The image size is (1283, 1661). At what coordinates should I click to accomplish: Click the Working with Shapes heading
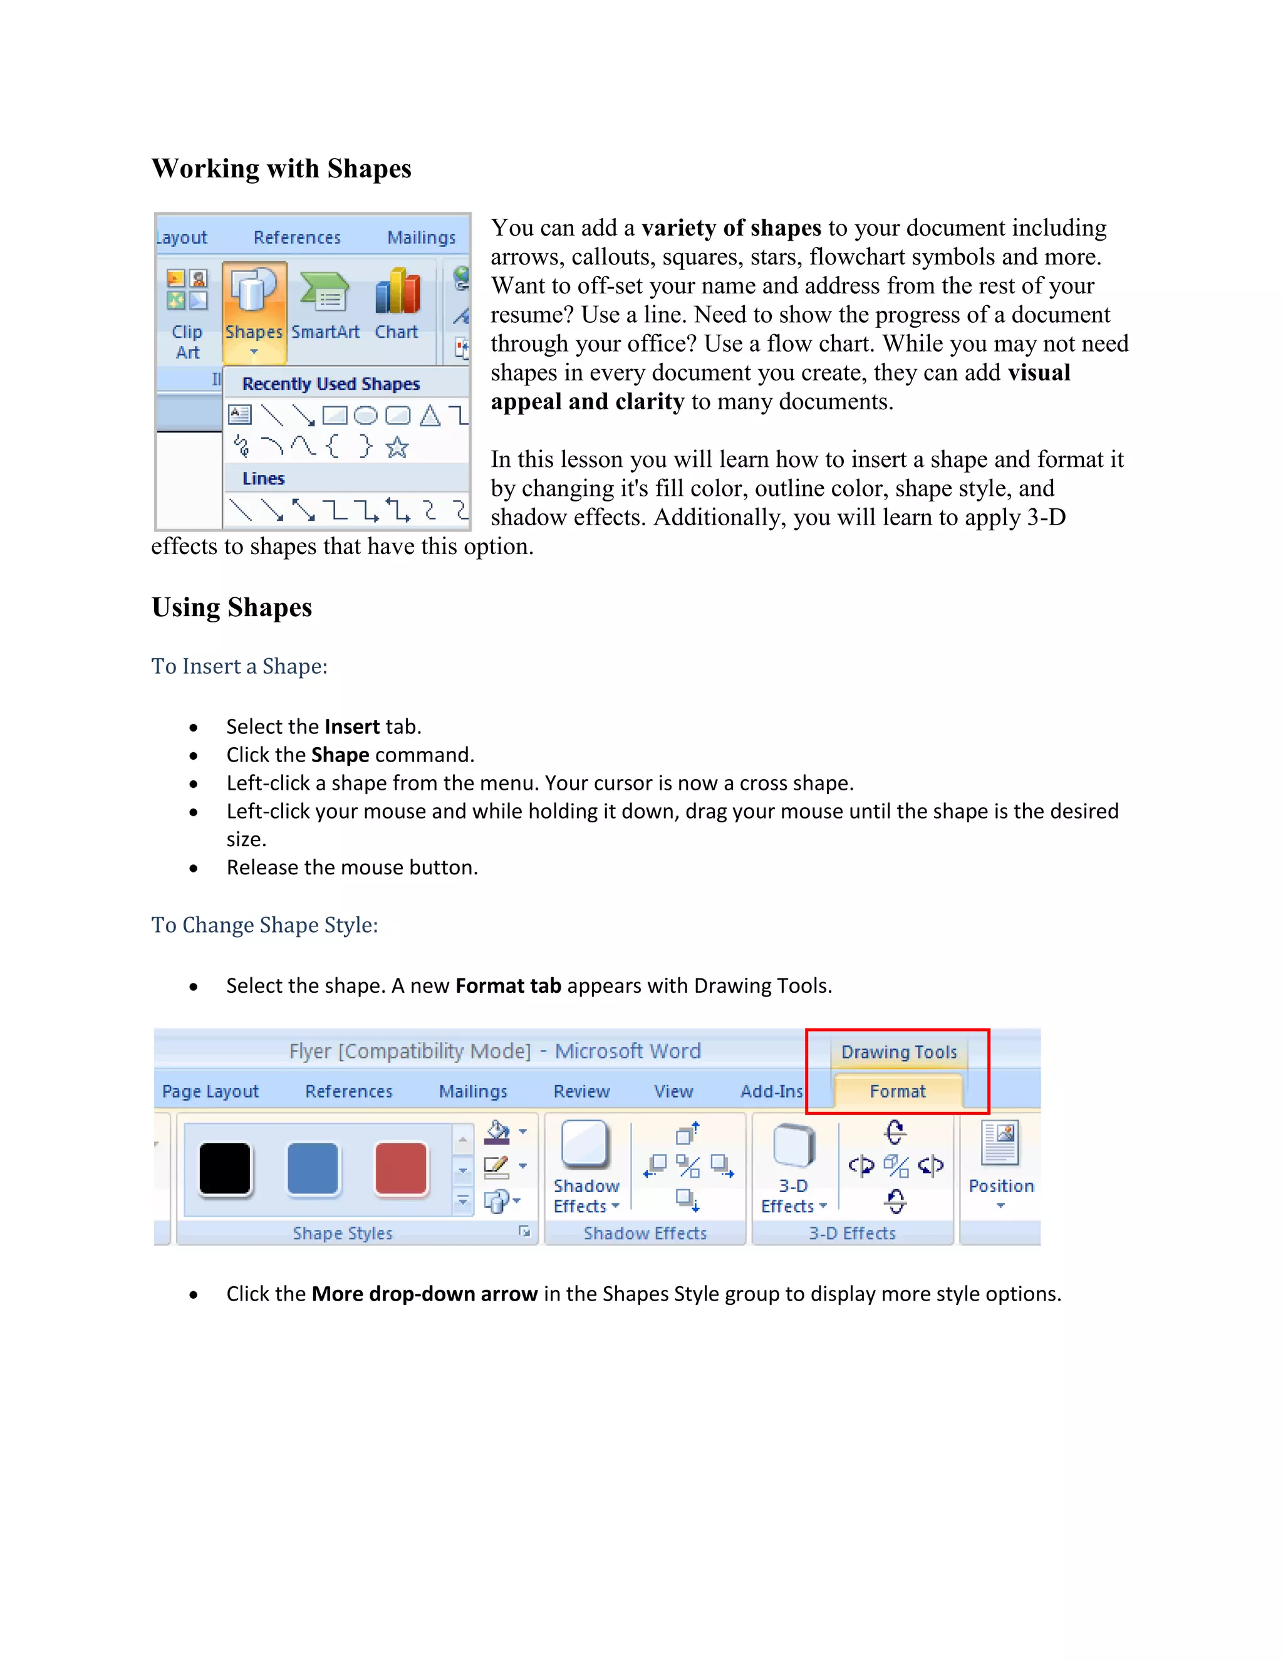[x=281, y=168]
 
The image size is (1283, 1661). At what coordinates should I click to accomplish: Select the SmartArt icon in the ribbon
[x=325, y=293]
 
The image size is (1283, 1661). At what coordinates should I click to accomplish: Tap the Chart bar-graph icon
[x=397, y=292]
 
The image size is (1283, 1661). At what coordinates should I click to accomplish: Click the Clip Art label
[x=187, y=342]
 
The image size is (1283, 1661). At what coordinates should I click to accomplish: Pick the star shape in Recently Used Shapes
[x=397, y=447]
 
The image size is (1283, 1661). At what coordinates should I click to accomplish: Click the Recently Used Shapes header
[x=331, y=384]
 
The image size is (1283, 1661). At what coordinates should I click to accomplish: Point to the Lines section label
[x=263, y=478]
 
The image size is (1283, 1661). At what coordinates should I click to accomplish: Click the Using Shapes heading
[x=232, y=607]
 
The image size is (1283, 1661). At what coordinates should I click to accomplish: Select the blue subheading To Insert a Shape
[x=239, y=666]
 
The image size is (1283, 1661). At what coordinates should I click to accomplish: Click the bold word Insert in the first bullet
[x=351, y=726]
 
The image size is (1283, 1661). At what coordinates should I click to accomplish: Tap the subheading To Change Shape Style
[x=264, y=925]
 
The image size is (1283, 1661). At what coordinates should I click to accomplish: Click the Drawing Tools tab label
[x=898, y=1052]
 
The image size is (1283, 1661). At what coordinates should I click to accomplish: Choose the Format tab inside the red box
[x=898, y=1091]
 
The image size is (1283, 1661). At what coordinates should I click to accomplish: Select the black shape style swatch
[x=225, y=1169]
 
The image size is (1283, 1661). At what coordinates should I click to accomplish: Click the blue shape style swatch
[x=313, y=1169]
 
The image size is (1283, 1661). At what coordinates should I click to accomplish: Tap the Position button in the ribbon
[x=1000, y=1163]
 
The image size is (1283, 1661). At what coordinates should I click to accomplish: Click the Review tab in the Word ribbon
[x=581, y=1091]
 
